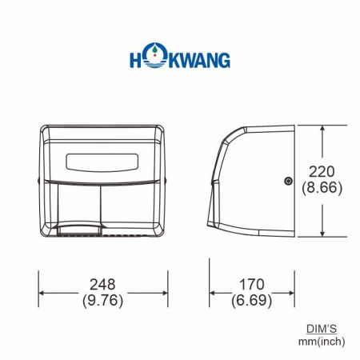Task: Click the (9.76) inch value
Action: pos(104,302)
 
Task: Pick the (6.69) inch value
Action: pos(251,302)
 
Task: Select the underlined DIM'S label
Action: pos(324,329)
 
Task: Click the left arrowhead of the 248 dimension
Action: pos(43,293)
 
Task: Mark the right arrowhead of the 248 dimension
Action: pos(164,293)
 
